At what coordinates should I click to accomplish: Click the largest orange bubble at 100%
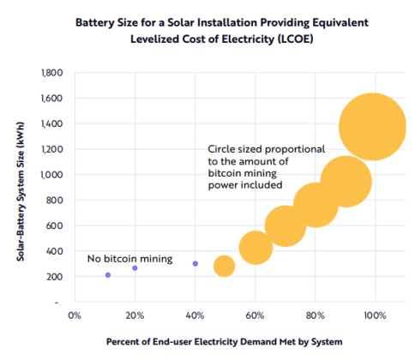371,127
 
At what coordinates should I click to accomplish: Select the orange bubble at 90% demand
346,181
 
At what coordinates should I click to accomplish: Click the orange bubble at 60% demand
256,248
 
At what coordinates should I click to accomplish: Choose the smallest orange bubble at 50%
224,266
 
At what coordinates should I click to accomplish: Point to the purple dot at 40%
195,263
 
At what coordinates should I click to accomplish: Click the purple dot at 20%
135,268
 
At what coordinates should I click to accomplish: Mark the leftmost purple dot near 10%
108,275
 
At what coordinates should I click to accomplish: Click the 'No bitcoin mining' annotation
130,258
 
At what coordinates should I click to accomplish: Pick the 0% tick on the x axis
74,315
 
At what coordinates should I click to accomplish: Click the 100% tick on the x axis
375,315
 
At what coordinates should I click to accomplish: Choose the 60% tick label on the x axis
255,315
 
